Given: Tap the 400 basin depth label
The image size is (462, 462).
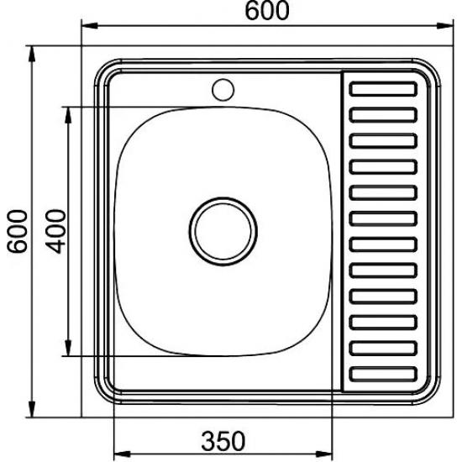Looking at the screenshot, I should tap(55, 230).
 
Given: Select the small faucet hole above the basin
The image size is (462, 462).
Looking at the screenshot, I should tap(223, 87).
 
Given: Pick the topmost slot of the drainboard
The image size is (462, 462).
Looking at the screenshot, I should tap(384, 87).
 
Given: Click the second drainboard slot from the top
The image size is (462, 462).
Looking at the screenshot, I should tap(384, 113).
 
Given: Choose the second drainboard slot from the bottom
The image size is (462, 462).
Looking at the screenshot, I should tap(384, 349).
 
